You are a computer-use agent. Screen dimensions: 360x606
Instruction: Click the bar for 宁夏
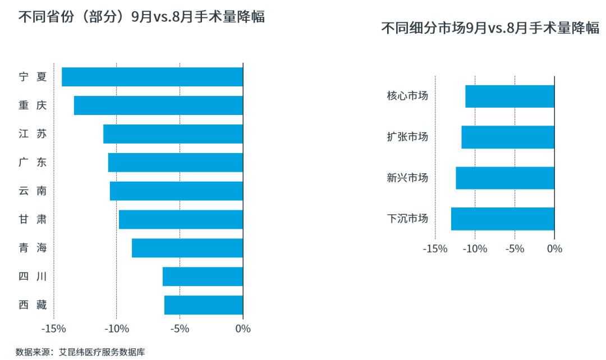click(152, 77)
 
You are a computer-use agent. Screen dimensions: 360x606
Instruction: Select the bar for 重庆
click(158, 105)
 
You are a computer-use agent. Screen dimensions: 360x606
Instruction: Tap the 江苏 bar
click(173, 134)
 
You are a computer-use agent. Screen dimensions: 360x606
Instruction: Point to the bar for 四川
click(203, 276)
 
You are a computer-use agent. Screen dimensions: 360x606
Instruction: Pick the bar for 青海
click(187, 248)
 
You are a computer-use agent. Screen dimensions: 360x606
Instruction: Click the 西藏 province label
click(33, 305)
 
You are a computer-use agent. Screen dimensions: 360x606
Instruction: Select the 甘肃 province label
click(33, 219)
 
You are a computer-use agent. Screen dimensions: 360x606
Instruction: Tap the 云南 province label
click(33, 191)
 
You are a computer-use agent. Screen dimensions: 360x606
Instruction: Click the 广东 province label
click(33, 163)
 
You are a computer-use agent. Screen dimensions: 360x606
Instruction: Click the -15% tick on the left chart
click(53, 329)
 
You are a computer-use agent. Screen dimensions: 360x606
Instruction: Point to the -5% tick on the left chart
click(180, 329)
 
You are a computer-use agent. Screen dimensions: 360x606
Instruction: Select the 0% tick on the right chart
click(554, 248)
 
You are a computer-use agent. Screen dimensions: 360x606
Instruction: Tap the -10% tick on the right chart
click(475, 248)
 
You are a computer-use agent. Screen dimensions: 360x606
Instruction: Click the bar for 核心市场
click(509, 96)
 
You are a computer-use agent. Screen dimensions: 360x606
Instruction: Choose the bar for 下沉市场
click(502, 219)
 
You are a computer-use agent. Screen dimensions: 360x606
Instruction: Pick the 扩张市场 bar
click(507, 137)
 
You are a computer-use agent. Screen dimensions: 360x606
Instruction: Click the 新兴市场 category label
click(407, 178)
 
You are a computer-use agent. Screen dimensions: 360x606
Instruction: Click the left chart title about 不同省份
click(141, 17)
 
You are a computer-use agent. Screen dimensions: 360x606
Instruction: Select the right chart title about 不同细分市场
click(490, 29)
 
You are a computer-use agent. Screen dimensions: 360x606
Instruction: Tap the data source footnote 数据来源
click(80, 352)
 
